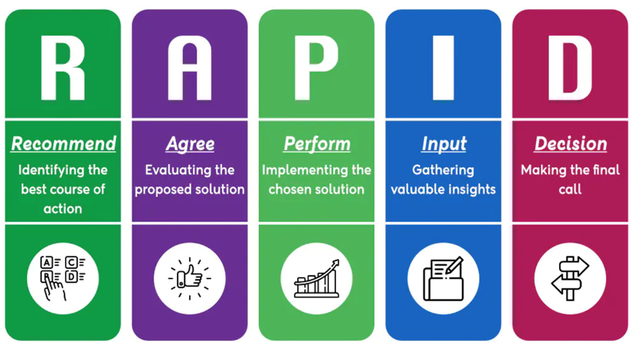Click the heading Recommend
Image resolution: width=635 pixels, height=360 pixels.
click(x=63, y=144)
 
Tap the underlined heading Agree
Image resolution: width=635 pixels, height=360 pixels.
click(x=190, y=144)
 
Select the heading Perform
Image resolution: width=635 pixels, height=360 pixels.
click(x=317, y=144)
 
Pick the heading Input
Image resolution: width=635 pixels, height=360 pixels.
click(x=444, y=144)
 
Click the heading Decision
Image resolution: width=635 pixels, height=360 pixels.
click(x=571, y=144)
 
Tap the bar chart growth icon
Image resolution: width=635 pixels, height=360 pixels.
click(x=316, y=278)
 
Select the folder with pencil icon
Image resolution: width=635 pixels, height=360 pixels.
click(x=443, y=278)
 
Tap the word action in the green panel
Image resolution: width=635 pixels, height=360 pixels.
click(x=63, y=208)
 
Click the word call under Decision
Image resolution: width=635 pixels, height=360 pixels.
click(x=570, y=189)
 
